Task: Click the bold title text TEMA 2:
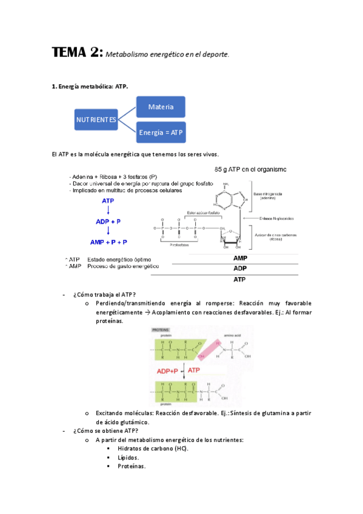point(77,53)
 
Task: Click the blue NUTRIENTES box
point(96,119)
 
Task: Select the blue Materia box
point(161,107)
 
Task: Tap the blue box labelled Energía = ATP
point(161,132)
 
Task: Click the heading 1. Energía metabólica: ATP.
point(90,87)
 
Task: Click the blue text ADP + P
point(108,221)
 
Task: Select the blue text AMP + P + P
point(108,242)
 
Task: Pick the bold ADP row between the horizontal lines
point(240,268)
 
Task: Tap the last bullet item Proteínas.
point(132,466)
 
